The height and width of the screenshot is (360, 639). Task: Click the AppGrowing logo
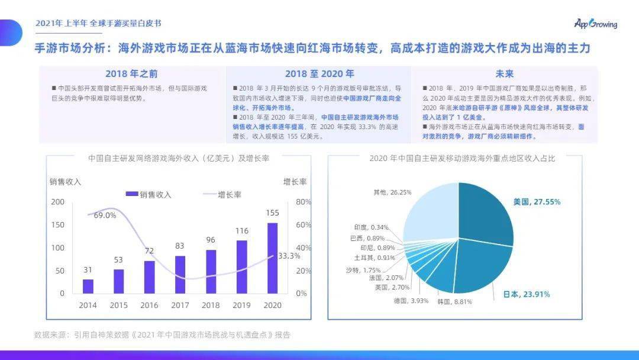click(595, 24)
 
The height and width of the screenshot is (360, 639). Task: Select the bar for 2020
click(273, 258)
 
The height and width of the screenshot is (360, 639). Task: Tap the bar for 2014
click(88, 286)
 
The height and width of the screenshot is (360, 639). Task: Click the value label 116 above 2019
click(241, 230)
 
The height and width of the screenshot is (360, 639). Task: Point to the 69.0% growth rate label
click(105, 215)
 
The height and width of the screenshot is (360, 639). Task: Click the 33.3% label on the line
click(289, 256)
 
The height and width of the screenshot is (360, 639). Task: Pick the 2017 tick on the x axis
click(180, 305)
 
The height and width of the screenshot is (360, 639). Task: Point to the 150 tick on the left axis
click(57, 224)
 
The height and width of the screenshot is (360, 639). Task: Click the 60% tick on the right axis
click(302, 224)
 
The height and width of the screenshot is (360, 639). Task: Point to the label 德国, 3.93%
click(411, 300)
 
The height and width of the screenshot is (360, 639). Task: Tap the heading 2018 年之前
click(132, 74)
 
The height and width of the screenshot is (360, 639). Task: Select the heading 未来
click(504, 74)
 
